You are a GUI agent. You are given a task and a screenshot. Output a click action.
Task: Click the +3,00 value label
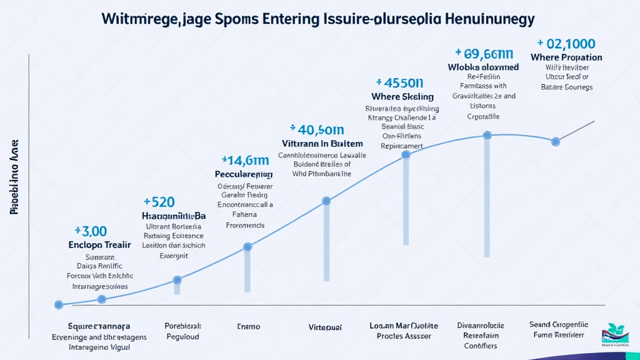pyautogui.click(x=91, y=231)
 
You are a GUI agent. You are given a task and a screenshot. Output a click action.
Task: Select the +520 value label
pyautogui.click(x=159, y=202)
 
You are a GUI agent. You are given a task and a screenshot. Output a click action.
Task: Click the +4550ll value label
pyautogui.click(x=400, y=82)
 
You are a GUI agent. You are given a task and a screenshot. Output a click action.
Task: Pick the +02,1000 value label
pyautogui.click(x=566, y=43)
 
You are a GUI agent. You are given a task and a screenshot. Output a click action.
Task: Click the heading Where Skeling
pyautogui.click(x=402, y=96)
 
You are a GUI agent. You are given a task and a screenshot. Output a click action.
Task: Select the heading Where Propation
pyautogui.click(x=566, y=57)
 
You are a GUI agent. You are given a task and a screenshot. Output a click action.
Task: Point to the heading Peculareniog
pyautogui.click(x=243, y=174)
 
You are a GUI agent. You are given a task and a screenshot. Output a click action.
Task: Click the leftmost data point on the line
pyautogui.click(x=59, y=305)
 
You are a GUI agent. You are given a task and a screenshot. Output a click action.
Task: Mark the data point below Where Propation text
pyautogui.click(x=556, y=142)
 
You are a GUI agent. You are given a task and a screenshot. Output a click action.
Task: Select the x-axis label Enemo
pyautogui.click(x=248, y=326)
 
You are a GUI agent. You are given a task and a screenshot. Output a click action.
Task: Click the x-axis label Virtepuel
pyautogui.click(x=325, y=327)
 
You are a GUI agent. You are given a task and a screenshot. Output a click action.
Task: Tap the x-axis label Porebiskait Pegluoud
pyautogui.click(x=182, y=331)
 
